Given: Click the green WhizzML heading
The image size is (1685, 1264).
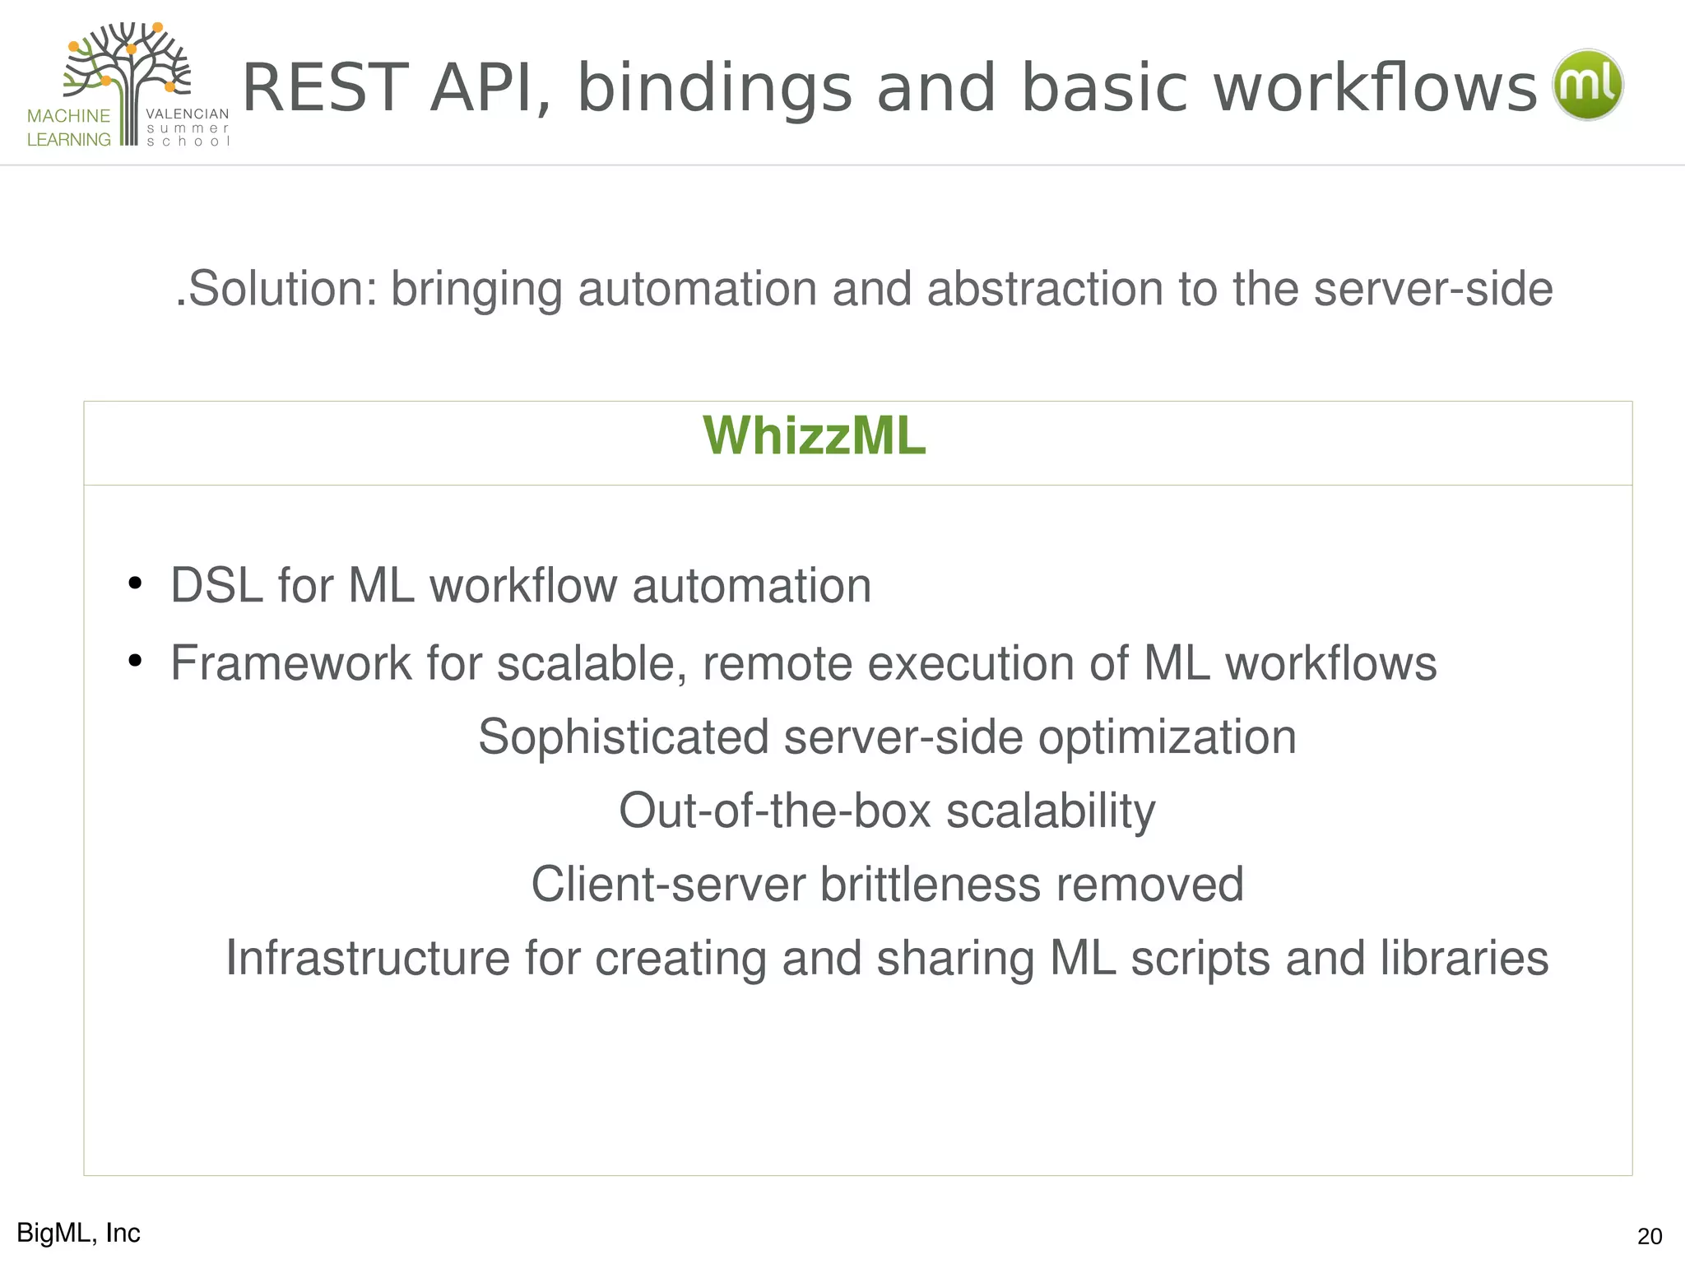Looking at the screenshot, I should pyautogui.click(x=814, y=436).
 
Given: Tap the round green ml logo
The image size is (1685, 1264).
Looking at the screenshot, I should pyautogui.click(x=1587, y=85).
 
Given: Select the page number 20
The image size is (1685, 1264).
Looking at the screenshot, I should pyautogui.click(x=1649, y=1236).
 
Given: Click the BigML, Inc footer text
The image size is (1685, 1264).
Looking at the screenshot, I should pyautogui.click(x=78, y=1233).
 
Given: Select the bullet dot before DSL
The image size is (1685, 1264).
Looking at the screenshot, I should pyautogui.click(x=135, y=585).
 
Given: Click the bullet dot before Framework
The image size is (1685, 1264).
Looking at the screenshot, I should pyautogui.click(x=135, y=661).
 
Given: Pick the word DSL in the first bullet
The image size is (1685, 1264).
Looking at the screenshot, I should pyautogui.click(x=216, y=586).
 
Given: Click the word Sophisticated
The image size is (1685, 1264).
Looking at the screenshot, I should pyautogui.click(x=623, y=737).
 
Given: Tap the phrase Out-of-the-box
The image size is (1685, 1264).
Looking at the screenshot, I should pyautogui.click(x=774, y=811).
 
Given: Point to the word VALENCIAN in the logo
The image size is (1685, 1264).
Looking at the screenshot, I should pyautogui.click(x=187, y=114).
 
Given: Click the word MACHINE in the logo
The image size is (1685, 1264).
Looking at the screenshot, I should pyautogui.click(x=68, y=116).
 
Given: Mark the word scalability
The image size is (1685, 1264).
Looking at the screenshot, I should pyautogui.click(x=1051, y=811).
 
